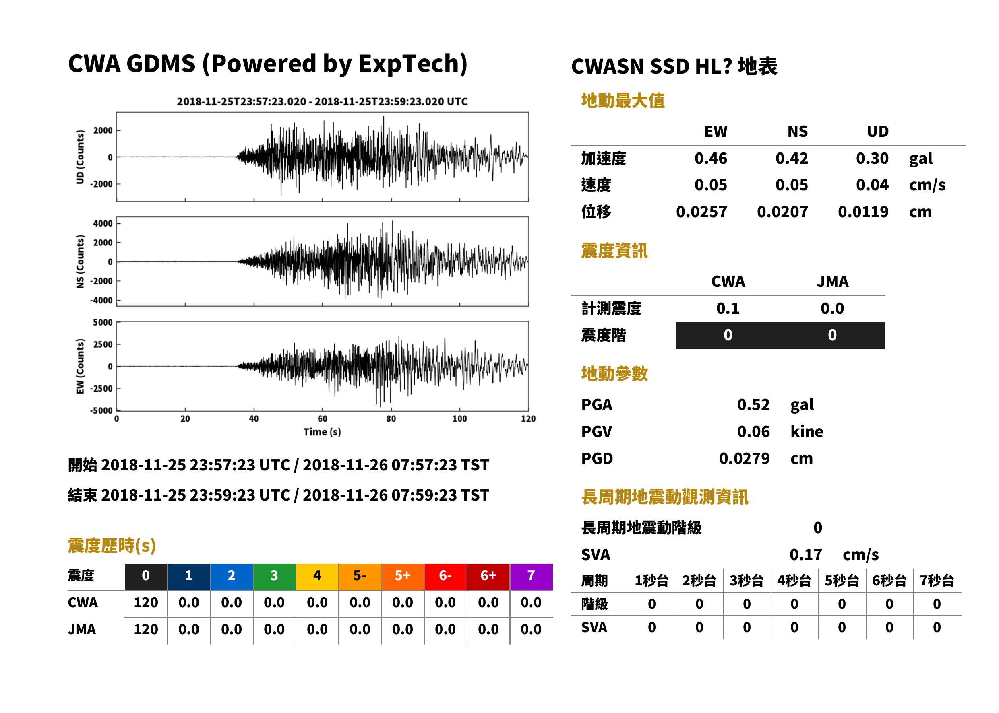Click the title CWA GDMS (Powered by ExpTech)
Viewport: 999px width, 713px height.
(267, 64)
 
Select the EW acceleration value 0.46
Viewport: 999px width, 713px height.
(710, 158)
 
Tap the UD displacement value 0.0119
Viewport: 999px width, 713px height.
(863, 212)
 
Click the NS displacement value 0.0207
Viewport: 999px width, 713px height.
(782, 212)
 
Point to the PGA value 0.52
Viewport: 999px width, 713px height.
(753, 404)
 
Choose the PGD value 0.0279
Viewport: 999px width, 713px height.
(744, 458)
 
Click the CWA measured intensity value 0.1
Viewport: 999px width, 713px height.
(728, 308)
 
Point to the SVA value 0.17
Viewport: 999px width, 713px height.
(806, 554)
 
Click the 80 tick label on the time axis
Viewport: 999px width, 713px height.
(391, 419)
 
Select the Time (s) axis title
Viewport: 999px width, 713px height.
(322, 432)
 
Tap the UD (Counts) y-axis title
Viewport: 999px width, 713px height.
(80, 157)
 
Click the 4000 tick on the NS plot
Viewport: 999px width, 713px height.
(103, 223)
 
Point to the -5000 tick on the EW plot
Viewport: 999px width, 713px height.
(101, 410)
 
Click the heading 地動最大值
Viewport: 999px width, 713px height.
(623, 101)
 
